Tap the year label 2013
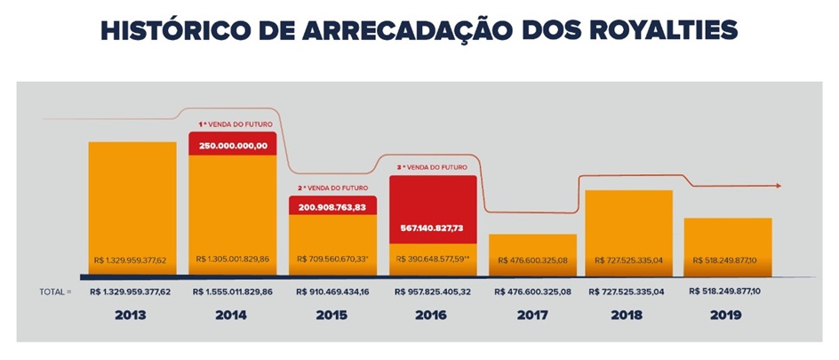point(131,315)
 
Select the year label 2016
point(433,315)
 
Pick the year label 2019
point(727,315)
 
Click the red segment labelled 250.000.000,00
point(233,145)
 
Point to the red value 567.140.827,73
point(433,228)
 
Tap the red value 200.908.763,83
point(333,205)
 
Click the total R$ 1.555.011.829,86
point(233,291)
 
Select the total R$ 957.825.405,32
point(433,291)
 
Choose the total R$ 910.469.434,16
point(332,291)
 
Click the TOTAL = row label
point(55,291)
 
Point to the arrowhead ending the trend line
point(779,186)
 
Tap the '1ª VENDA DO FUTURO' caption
point(233,125)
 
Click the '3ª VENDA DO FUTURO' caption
point(433,167)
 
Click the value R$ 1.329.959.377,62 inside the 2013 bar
point(132,260)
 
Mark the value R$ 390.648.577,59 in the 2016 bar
point(434,260)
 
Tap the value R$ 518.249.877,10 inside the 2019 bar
point(727,260)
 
